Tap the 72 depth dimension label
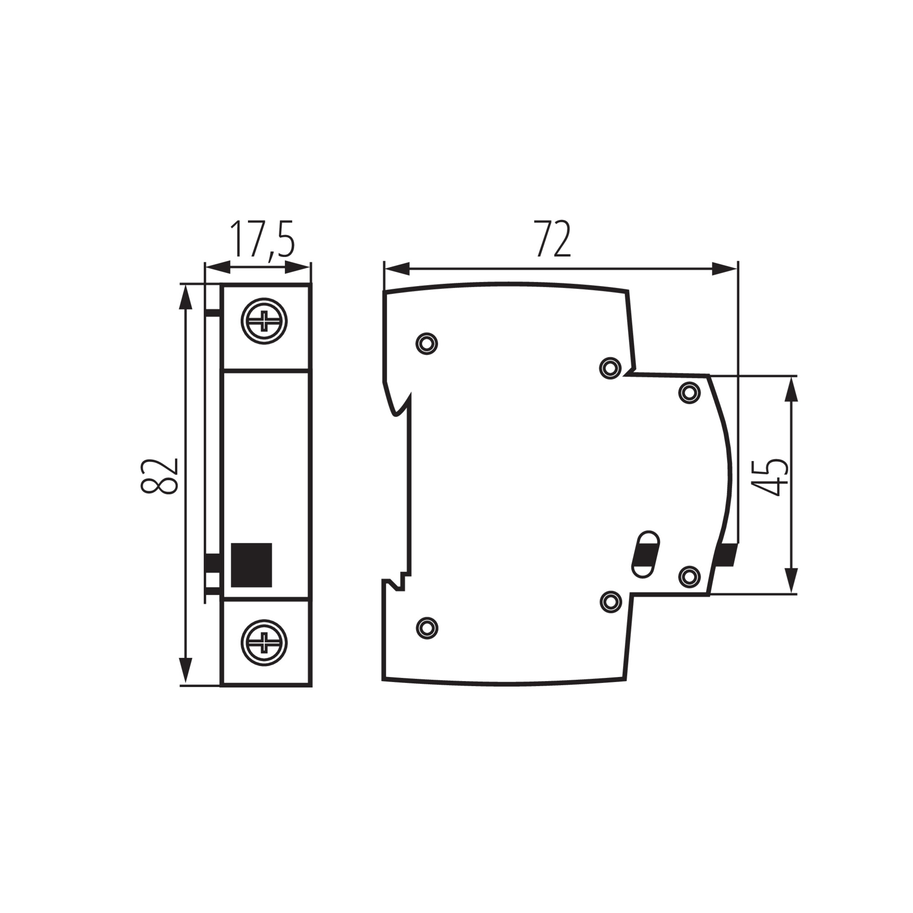click(x=552, y=239)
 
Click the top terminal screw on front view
click(x=264, y=321)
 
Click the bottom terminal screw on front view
click(x=264, y=643)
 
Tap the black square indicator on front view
click(x=251, y=565)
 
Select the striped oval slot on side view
click(x=645, y=554)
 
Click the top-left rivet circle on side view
click(x=427, y=344)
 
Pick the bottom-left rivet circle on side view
click(x=427, y=628)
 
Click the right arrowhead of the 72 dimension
click(x=724, y=269)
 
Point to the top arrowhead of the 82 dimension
click(x=186, y=297)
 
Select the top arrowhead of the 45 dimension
click(x=791, y=388)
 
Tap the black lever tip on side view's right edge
click(x=726, y=555)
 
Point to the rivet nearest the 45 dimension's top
click(x=689, y=392)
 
